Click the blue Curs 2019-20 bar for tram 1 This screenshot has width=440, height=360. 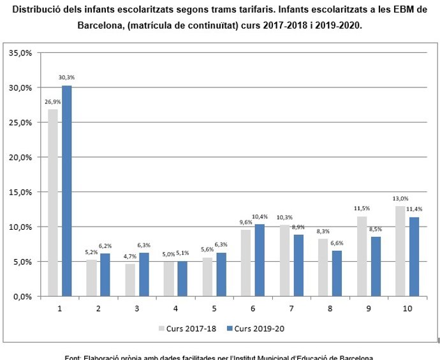[x=66, y=191]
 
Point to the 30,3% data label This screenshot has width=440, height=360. [x=66, y=78]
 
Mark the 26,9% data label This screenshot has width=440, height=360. [x=52, y=101]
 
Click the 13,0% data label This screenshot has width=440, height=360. [x=400, y=199]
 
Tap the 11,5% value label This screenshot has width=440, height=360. [x=362, y=209]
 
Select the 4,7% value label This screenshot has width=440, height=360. [x=130, y=256]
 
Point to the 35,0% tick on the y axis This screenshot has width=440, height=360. [x=21, y=53]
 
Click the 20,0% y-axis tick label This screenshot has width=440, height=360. [x=21, y=157]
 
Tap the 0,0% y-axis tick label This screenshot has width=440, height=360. [x=23, y=296]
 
